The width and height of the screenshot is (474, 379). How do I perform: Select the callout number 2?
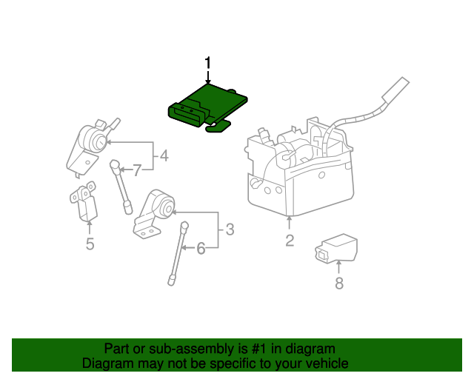click(x=290, y=240)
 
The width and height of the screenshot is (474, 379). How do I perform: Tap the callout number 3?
click(x=230, y=229)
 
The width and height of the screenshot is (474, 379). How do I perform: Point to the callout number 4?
click(x=164, y=156)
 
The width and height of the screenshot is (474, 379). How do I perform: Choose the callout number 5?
click(x=90, y=244)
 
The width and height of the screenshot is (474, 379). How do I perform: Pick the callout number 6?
click(x=201, y=249)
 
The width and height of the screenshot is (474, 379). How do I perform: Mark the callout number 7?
click(x=136, y=171)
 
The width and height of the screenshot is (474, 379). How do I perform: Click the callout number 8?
click(x=339, y=283)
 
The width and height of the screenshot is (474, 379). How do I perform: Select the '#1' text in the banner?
click(x=250, y=349)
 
